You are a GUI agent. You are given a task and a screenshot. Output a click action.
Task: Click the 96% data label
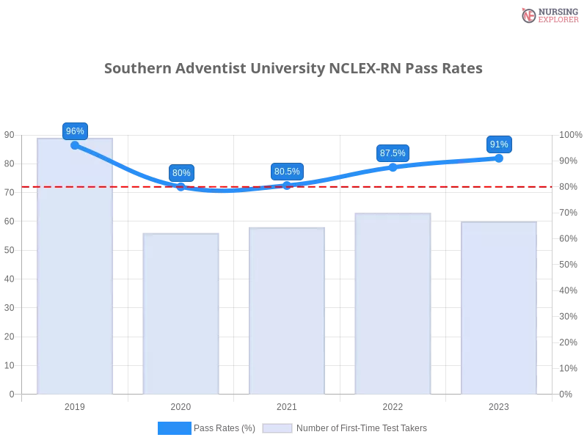click(x=75, y=131)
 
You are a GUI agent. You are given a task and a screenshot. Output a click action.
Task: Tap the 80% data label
click(x=181, y=173)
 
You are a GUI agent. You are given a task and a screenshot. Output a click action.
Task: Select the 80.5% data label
click(x=287, y=172)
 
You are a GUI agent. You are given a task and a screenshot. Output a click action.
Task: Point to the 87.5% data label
click(x=393, y=153)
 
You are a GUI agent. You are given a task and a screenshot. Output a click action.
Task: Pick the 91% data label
click(x=499, y=144)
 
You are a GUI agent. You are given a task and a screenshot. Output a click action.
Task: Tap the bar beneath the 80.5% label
click(x=287, y=311)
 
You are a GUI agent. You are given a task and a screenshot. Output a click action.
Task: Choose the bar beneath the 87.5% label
click(x=393, y=305)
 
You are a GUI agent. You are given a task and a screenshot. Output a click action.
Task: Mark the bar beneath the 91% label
click(x=498, y=308)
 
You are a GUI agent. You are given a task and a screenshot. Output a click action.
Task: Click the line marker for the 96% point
click(x=75, y=145)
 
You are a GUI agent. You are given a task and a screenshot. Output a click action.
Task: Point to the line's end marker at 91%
click(x=500, y=158)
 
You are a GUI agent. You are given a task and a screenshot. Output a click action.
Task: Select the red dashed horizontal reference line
click(x=440, y=186)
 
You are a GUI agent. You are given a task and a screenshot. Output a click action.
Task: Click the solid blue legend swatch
click(x=174, y=428)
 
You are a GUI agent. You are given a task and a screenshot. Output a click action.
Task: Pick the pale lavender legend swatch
click(x=277, y=428)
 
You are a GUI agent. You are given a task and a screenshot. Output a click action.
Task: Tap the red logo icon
click(x=530, y=15)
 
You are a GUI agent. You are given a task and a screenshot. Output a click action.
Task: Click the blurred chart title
click(x=293, y=69)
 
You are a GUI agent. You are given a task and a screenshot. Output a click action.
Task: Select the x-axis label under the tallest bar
click(x=76, y=405)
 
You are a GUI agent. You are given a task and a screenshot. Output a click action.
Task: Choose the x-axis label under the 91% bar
click(x=498, y=405)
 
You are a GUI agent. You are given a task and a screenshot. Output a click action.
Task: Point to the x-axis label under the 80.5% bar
click(x=287, y=405)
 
